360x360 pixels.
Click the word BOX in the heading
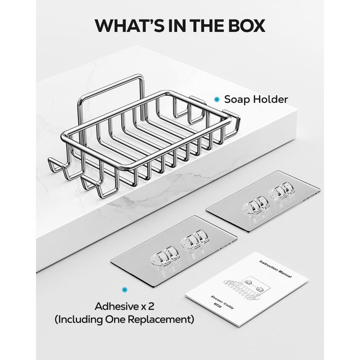[246, 25]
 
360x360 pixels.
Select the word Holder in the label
[269, 99]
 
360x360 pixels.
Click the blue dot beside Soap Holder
[217, 99]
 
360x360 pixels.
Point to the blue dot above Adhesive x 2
[124, 290]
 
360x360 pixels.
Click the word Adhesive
[116, 307]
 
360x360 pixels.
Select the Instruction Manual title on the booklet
[276, 269]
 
